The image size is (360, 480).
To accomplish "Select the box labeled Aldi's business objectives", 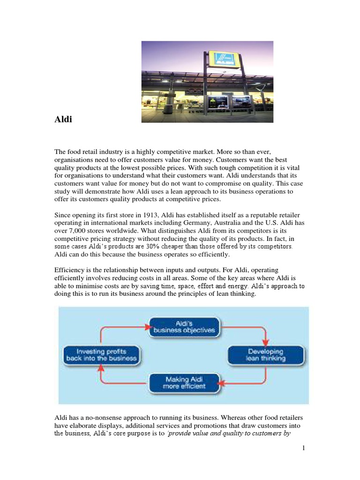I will pyautogui.click(x=184, y=326).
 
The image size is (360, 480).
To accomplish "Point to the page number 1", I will pyautogui.click(x=304, y=448).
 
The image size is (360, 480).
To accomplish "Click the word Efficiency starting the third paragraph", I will pyautogui.click(x=69, y=271).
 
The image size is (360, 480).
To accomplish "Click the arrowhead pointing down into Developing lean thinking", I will pyautogui.click(x=266, y=341).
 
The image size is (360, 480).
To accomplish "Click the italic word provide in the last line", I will pyautogui.click(x=180, y=434).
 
